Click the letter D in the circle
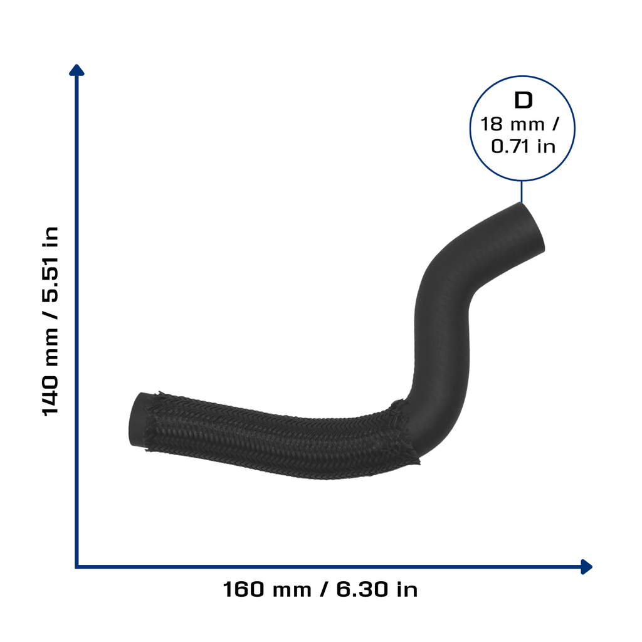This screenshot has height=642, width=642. coord(524,100)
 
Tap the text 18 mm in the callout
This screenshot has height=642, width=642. coord(512,125)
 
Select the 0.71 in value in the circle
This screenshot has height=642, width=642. coord(524,147)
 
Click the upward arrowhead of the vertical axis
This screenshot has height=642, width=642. coord(76,70)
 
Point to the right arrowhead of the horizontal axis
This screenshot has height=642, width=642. coord(587,567)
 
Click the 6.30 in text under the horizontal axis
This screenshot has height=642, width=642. coord(377,590)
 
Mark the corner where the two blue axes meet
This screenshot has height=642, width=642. coord(76,567)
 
